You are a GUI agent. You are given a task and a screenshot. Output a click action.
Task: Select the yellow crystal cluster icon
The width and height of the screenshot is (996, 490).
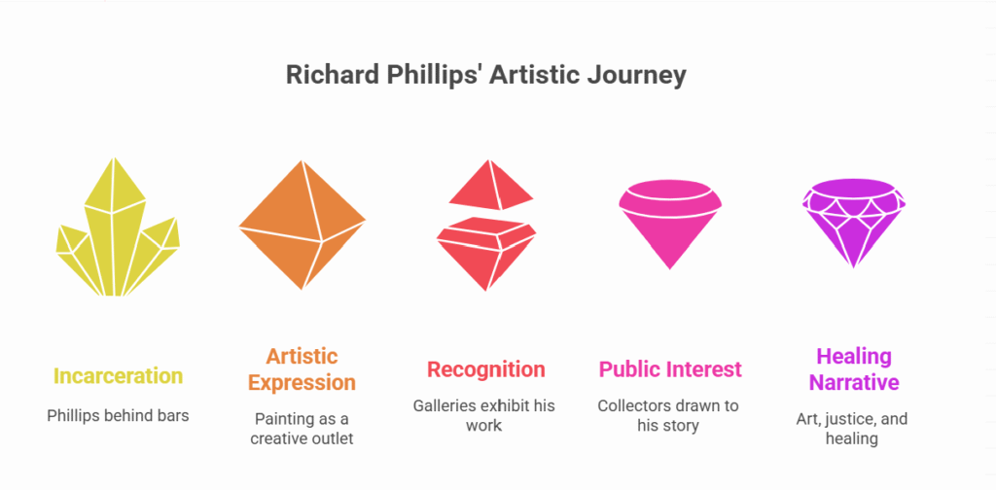[x=118, y=227]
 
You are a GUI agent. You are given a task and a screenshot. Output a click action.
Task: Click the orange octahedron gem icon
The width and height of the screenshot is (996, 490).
[x=302, y=225]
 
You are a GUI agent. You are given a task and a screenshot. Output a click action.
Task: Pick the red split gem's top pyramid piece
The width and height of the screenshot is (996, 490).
[x=491, y=185]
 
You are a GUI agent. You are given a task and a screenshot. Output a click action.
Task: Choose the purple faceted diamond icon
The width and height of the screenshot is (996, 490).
[x=853, y=224]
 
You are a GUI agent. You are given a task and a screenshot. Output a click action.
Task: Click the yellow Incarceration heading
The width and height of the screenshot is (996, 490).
[x=118, y=375]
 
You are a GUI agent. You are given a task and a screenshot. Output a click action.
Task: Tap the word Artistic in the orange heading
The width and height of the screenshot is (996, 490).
[x=302, y=356]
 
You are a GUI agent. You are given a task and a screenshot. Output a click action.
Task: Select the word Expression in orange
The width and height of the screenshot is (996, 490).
[x=302, y=383]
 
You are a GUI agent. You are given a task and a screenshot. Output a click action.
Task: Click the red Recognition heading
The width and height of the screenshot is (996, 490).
[x=486, y=368]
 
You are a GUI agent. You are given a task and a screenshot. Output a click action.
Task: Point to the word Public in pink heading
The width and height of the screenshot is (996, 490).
[x=628, y=368]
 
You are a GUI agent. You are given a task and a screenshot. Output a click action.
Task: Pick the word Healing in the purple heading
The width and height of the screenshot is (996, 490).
[x=854, y=356]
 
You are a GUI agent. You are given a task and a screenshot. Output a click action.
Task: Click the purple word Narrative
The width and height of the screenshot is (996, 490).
[x=854, y=383]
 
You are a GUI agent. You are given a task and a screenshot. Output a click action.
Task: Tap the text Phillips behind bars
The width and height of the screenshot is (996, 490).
[x=118, y=416]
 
